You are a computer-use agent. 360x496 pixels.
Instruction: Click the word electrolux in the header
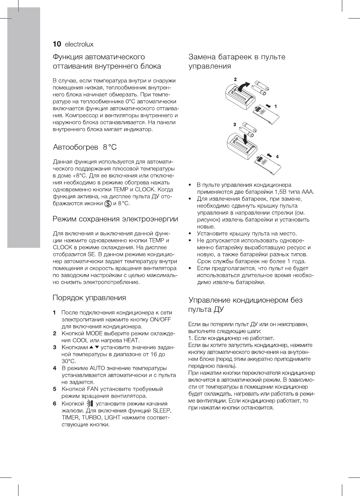tap(79, 44)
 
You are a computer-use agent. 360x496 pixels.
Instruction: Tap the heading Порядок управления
tap(89, 298)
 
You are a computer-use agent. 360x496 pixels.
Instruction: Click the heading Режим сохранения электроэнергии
tap(115, 219)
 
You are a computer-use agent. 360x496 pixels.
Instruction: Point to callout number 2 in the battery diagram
tap(235, 79)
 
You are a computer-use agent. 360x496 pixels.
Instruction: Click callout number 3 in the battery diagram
tap(234, 125)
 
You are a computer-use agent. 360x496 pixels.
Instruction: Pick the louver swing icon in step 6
tap(90, 404)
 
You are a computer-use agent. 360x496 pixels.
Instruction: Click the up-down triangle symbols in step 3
tap(94, 347)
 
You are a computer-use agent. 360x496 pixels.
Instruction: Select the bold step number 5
tap(55, 389)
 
